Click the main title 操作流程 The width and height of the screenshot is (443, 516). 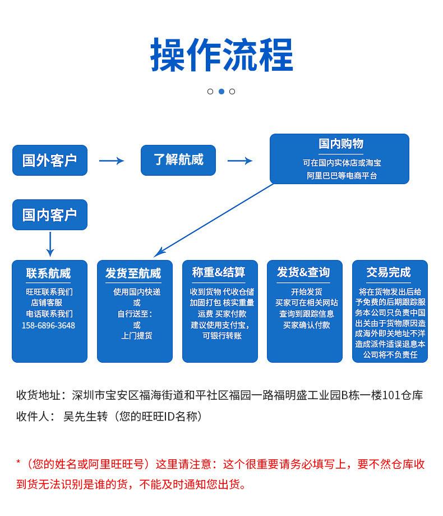221,55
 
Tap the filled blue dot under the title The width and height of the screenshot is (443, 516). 221,92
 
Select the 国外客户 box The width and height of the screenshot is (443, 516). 50,161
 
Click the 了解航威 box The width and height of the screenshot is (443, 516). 178,160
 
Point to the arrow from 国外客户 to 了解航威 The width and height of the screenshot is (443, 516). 112,161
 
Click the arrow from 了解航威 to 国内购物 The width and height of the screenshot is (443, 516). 240,161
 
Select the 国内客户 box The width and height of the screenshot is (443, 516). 50,215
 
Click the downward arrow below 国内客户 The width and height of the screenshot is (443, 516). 50,244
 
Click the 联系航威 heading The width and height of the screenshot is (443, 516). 49,273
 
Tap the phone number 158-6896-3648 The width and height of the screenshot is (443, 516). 48,325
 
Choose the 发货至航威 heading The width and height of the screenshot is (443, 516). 133,273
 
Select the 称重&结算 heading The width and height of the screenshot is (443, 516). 219,273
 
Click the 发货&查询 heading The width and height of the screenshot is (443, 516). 303,273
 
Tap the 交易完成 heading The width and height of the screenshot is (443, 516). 389,273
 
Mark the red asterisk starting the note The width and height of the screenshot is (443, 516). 19,464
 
